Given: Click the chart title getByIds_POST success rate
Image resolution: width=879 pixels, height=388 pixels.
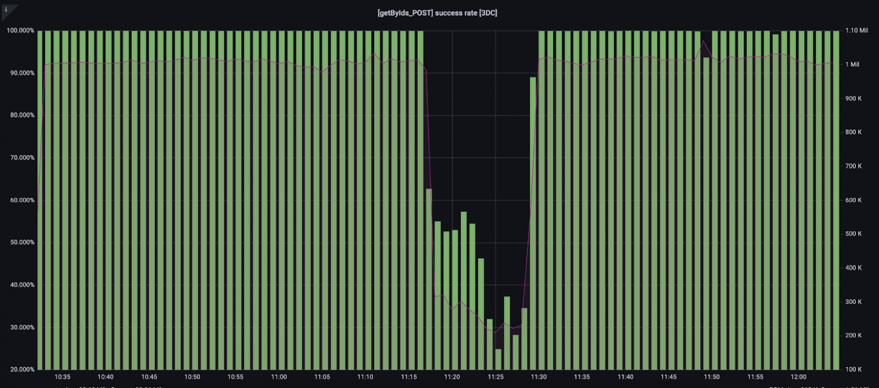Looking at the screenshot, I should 437,12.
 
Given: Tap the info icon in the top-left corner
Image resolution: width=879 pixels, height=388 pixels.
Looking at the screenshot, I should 6,10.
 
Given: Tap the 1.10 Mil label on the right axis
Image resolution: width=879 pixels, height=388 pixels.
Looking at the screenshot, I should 856,30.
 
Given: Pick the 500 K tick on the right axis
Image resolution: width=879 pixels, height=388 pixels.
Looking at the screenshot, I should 854,234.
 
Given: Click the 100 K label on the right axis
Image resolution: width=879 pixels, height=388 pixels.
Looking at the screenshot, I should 854,369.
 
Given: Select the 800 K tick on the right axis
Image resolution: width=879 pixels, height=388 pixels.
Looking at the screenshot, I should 854,133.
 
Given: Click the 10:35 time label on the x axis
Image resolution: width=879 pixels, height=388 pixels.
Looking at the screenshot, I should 63,377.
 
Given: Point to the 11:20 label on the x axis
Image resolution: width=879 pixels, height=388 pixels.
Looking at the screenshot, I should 452,377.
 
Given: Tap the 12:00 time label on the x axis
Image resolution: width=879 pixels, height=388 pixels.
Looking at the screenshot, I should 798,377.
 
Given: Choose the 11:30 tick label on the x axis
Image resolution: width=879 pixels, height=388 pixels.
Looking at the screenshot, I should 539,377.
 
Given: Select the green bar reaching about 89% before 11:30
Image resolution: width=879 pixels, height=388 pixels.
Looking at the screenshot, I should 533,226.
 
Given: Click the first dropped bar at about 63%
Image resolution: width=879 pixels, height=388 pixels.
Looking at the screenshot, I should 429,282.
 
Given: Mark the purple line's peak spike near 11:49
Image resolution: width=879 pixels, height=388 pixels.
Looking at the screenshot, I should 703,41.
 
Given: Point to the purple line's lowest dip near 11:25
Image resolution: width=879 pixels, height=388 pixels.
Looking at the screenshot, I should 495,332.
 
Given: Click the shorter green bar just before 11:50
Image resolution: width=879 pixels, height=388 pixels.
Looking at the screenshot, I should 706,214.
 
